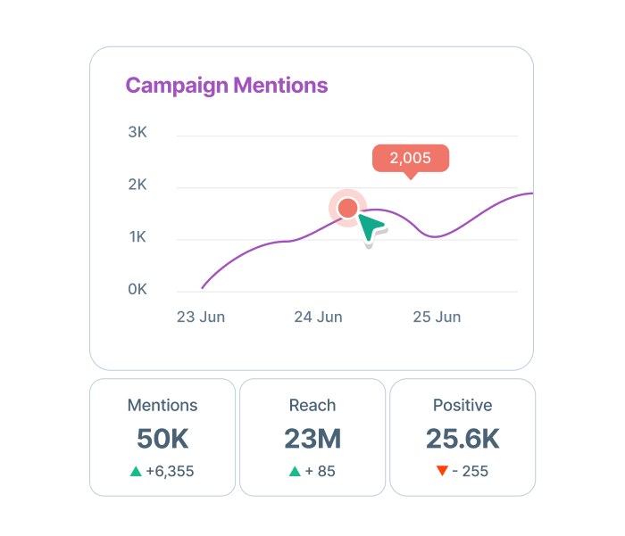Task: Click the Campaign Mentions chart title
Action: coord(227,87)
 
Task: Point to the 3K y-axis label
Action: coord(137,133)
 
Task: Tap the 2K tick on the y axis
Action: coord(137,186)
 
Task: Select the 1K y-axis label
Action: coord(137,237)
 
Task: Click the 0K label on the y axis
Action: coord(137,290)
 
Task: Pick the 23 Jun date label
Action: coord(201,317)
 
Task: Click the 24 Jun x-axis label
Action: coord(319,317)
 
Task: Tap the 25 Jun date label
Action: coord(437,317)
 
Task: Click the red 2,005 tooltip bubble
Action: coord(411,159)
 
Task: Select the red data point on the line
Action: coord(347,208)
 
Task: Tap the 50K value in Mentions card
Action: coord(162,439)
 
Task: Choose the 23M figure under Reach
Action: coord(312,439)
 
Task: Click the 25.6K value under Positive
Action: coord(462,439)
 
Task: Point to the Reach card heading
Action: coord(312,406)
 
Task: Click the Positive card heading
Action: coord(462,406)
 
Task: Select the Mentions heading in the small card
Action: coord(162,406)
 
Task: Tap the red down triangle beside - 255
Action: coord(441,471)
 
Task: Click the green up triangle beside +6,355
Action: coord(136,471)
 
